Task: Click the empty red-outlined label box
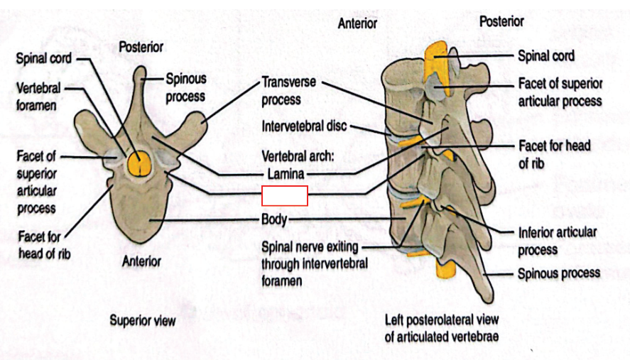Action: [x=284, y=195]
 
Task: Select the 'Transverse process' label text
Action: [x=288, y=91]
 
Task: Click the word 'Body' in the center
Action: [x=273, y=219]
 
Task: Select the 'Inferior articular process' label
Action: [x=556, y=241]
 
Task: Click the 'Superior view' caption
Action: [x=142, y=321]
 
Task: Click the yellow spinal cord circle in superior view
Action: [x=140, y=163]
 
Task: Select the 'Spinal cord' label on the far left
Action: [x=43, y=58]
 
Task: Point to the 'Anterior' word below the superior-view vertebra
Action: [x=141, y=261]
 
